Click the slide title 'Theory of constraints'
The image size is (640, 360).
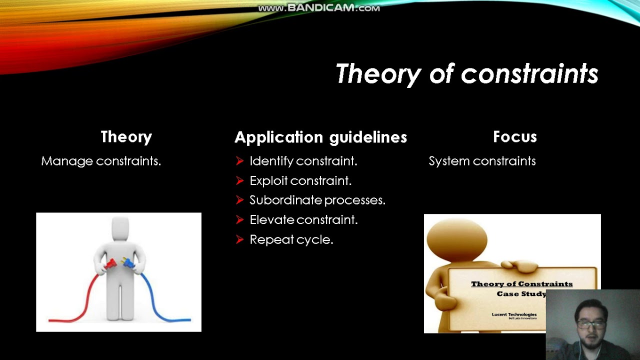(x=466, y=74)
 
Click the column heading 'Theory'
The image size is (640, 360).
(x=126, y=137)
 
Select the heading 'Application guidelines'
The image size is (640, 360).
(x=320, y=137)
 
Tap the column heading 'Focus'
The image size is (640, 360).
(x=514, y=137)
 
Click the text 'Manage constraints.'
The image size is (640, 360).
(x=101, y=161)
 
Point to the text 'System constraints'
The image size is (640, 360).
(x=482, y=161)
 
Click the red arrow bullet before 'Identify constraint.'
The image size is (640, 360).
(x=239, y=161)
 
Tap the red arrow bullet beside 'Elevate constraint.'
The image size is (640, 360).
(x=239, y=219)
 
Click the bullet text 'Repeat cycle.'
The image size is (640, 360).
(x=291, y=239)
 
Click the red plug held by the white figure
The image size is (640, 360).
(x=110, y=263)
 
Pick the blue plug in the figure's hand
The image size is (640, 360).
(x=128, y=263)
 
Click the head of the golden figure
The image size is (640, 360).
(x=456, y=239)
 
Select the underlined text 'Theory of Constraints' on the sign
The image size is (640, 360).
(x=521, y=284)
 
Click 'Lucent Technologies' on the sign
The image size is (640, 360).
(x=513, y=314)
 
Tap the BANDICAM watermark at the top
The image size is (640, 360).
(x=319, y=8)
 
